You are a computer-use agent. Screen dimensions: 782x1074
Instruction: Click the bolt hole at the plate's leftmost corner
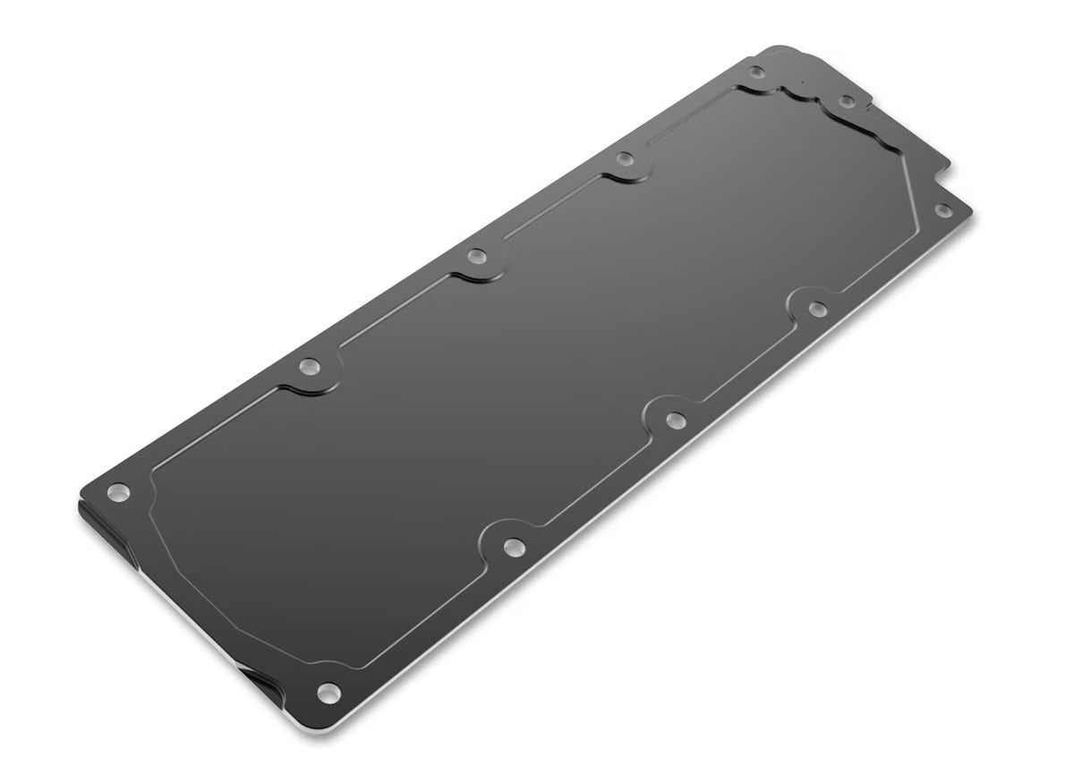click(118, 492)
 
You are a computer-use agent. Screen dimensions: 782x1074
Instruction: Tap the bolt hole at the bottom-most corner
click(328, 693)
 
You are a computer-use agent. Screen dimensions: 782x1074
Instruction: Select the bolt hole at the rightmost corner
click(942, 211)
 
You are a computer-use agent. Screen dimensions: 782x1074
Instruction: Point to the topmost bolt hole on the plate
click(756, 72)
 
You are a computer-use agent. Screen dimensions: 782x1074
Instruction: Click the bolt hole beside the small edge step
click(846, 101)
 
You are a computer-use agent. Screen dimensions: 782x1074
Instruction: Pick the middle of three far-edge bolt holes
click(477, 257)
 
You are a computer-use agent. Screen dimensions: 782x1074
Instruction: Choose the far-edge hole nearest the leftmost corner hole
click(310, 366)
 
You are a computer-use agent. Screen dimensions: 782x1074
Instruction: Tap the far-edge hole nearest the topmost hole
click(626, 159)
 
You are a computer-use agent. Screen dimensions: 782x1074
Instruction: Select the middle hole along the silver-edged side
click(676, 420)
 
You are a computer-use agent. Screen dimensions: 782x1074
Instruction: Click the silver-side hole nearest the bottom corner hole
click(514, 547)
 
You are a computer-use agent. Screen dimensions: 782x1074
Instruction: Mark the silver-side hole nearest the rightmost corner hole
click(817, 310)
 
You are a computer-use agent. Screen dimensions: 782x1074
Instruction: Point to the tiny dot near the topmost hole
click(803, 83)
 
